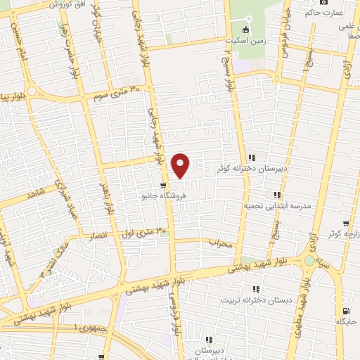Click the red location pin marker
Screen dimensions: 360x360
[181, 165]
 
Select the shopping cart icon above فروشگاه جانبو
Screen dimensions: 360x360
[163, 186]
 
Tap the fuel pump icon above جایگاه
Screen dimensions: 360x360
[345, 311]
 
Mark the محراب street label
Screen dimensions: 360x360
[220, 243]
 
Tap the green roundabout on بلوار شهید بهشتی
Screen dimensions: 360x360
[310, 260]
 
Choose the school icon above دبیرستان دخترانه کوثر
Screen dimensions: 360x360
[252, 157]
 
